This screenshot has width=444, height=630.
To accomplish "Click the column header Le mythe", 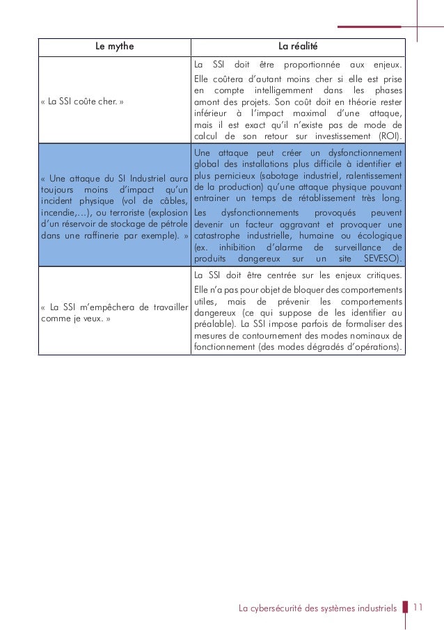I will click(114, 47).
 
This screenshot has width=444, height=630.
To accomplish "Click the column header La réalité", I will click(298, 47).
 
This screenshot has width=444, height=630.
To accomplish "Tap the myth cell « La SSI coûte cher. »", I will click(82, 102).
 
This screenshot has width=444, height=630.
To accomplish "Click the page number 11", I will click(418, 607).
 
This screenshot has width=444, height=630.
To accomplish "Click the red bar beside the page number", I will click(406, 608).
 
